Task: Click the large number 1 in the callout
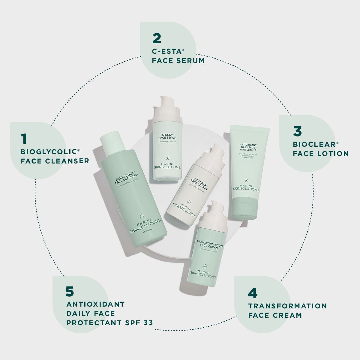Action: click(24, 139)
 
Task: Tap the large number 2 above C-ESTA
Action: click(157, 38)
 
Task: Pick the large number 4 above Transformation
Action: click(253, 293)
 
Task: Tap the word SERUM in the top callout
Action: click(190, 61)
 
